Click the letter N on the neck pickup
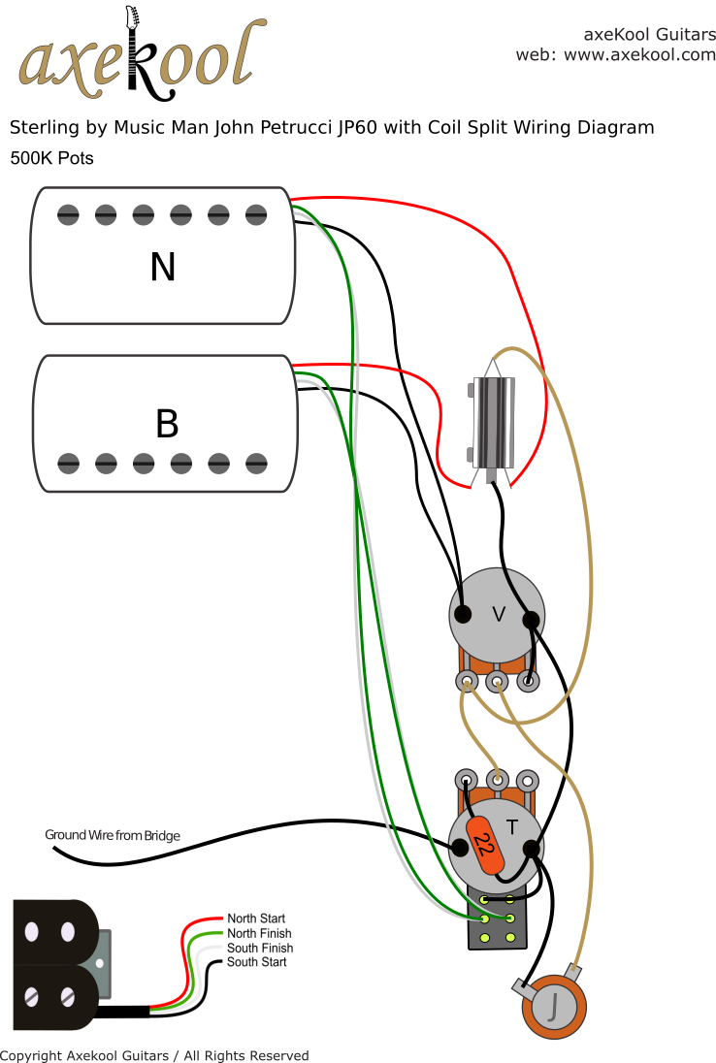pos(163,267)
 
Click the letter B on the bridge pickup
pos(167,424)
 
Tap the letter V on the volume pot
pos(499,614)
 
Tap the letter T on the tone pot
pos(511,826)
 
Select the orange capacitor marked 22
pos(484,844)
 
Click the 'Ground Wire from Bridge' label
pos(113,835)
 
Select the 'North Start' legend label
pos(256,918)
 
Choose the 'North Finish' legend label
pos(258,933)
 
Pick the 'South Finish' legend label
pos(259,948)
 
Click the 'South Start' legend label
pos(256,962)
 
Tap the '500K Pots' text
pos(51,157)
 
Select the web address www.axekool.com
pos(639,55)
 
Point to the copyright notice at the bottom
pos(154,1055)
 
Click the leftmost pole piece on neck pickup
pos(68,213)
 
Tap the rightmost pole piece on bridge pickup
pos(256,463)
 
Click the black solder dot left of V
pos(464,614)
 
